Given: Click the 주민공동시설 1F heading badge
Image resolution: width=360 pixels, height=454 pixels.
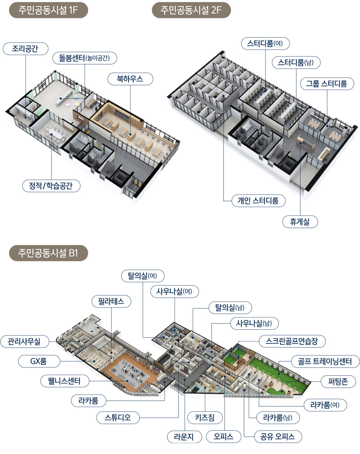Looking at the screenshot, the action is pyautogui.click(x=48, y=10).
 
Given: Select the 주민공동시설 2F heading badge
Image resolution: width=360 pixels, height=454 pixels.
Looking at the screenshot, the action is pyautogui.click(x=191, y=10).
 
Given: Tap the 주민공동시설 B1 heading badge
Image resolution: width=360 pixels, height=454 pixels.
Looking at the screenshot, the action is pyautogui.click(x=48, y=253).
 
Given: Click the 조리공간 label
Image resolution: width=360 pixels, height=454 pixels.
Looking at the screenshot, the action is pyautogui.click(x=25, y=49).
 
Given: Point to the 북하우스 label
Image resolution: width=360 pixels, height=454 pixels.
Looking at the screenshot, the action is pyautogui.click(x=130, y=79).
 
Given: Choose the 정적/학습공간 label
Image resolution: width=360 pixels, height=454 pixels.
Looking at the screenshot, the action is pyautogui.click(x=50, y=186).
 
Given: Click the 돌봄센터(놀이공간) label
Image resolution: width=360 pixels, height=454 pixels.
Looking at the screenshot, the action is pyautogui.click(x=85, y=58).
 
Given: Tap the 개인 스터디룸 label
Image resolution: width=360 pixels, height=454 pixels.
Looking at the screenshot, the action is pyautogui.click(x=258, y=201).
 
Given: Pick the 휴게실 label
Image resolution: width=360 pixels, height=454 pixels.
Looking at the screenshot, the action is pyautogui.click(x=300, y=221).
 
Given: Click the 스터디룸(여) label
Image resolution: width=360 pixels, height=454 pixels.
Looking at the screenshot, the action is pyautogui.click(x=265, y=44).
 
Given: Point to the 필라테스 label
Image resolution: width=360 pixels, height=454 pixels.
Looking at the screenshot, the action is pyautogui.click(x=111, y=301).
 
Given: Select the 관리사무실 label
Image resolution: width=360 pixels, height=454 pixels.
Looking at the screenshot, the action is pyautogui.click(x=24, y=341).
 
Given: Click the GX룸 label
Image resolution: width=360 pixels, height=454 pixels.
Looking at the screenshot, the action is pyautogui.click(x=38, y=361).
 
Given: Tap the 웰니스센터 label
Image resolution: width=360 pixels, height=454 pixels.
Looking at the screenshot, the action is pyautogui.click(x=64, y=381).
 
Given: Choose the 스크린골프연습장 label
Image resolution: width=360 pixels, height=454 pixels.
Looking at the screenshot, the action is pyautogui.click(x=292, y=341).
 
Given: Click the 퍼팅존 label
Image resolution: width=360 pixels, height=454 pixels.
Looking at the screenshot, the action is pyautogui.click(x=338, y=381).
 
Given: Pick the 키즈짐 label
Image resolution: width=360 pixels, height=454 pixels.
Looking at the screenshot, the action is pyautogui.click(x=205, y=418).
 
